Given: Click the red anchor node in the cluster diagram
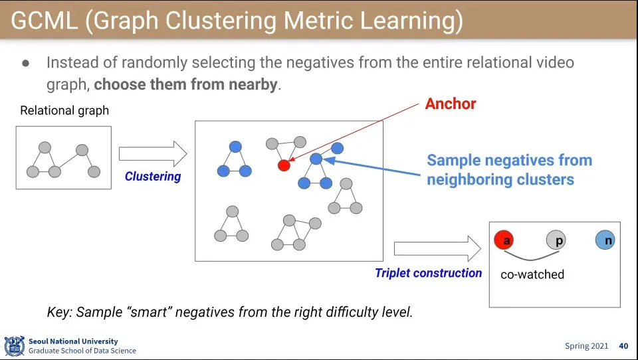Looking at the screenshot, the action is (284, 165).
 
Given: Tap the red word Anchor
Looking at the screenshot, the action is (451, 104).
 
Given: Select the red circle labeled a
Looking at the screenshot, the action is (504, 240).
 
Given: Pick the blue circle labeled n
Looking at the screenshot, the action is (605, 240).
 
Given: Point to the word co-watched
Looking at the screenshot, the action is (532, 274).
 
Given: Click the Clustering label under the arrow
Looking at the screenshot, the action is (153, 177).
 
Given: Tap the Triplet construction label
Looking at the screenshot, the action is (428, 273).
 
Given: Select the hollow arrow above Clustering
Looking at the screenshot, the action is (152, 154).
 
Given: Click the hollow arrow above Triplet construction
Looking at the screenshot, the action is (437, 249).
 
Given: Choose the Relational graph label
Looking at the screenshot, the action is (64, 111).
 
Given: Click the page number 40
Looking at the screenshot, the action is (623, 346).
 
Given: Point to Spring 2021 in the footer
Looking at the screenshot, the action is (585, 346).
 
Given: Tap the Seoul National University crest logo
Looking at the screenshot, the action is (14, 346).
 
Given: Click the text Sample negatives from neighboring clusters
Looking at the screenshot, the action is (509, 170).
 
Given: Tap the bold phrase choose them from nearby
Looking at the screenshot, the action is (185, 85).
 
